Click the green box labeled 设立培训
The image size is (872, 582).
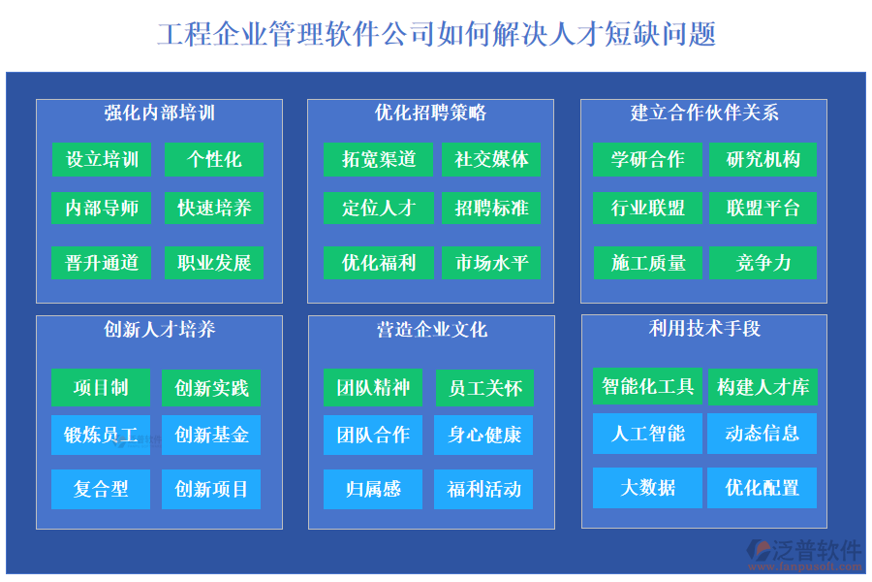tap(102, 159)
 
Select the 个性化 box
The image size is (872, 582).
tap(213, 159)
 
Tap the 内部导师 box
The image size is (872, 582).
tap(102, 208)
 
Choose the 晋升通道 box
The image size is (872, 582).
tap(102, 262)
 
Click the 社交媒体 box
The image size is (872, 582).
tap(491, 159)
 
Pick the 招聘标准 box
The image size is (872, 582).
tap(491, 208)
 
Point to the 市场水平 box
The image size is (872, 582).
tap(491, 262)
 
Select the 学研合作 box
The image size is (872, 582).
tap(647, 159)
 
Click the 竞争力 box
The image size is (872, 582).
tap(763, 262)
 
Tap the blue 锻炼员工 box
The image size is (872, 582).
tap(101, 435)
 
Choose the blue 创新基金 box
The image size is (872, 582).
tap(211, 435)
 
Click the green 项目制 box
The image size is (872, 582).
tap(101, 388)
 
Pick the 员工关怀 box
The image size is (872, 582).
tap(484, 388)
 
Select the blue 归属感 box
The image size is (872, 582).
tap(373, 489)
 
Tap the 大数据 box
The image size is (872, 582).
tap(647, 487)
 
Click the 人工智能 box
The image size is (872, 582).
tap(647, 433)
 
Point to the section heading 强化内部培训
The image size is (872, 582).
tap(160, 113)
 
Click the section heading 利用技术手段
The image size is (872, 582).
tap(704, 329)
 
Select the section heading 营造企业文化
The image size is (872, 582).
tap(431, 330)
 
